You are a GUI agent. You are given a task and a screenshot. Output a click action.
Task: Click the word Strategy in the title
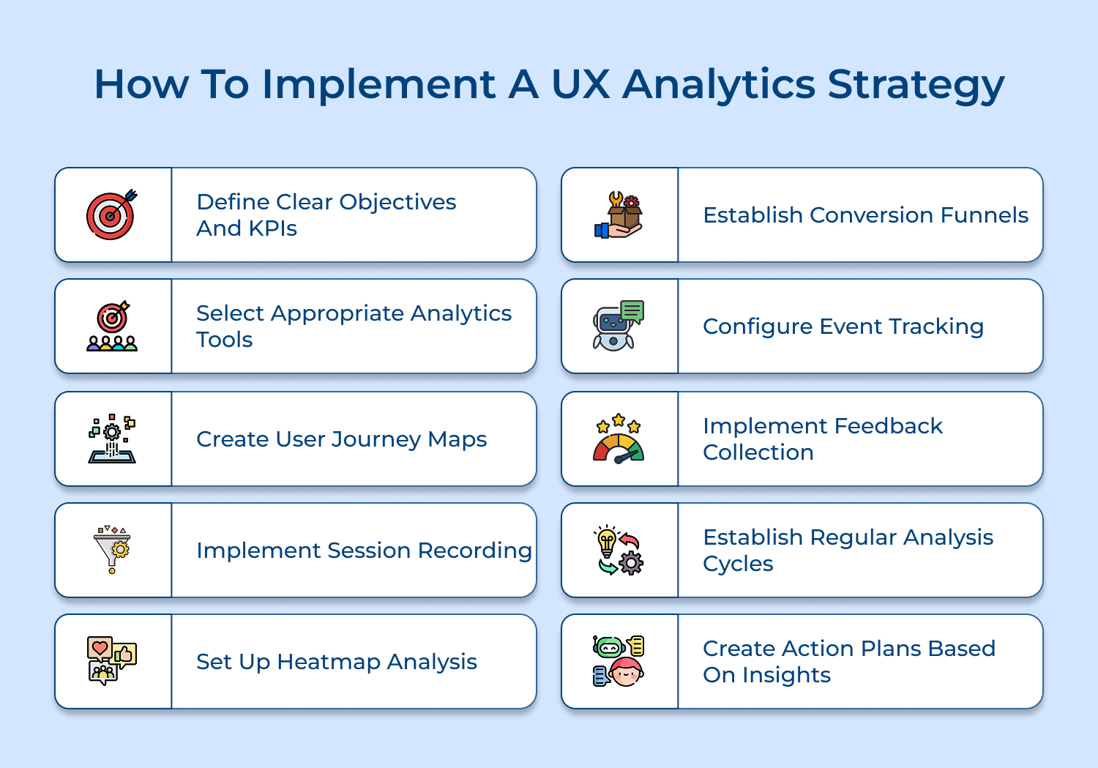pyautogui.click(x=916, y=85)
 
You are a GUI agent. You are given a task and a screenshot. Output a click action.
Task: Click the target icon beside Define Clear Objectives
pyautogui.click(x=111, y=215)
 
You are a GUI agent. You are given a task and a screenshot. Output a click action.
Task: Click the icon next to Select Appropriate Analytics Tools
pyautogui.click(x=112, y=327)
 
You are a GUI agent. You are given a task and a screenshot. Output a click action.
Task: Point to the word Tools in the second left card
pyautogui.click(x=224, y=340)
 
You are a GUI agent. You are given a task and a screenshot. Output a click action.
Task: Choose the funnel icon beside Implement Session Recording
pyautogui.click(x=112, y=549)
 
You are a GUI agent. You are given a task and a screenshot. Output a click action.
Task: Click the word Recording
pyautogui.click(x=474, y=551)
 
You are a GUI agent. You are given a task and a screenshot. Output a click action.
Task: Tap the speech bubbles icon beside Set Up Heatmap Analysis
pyautogui.click(x=112, y=660)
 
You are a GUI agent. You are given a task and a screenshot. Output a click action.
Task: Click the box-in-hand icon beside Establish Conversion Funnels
pyautogui.click(x=619, y=215)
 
